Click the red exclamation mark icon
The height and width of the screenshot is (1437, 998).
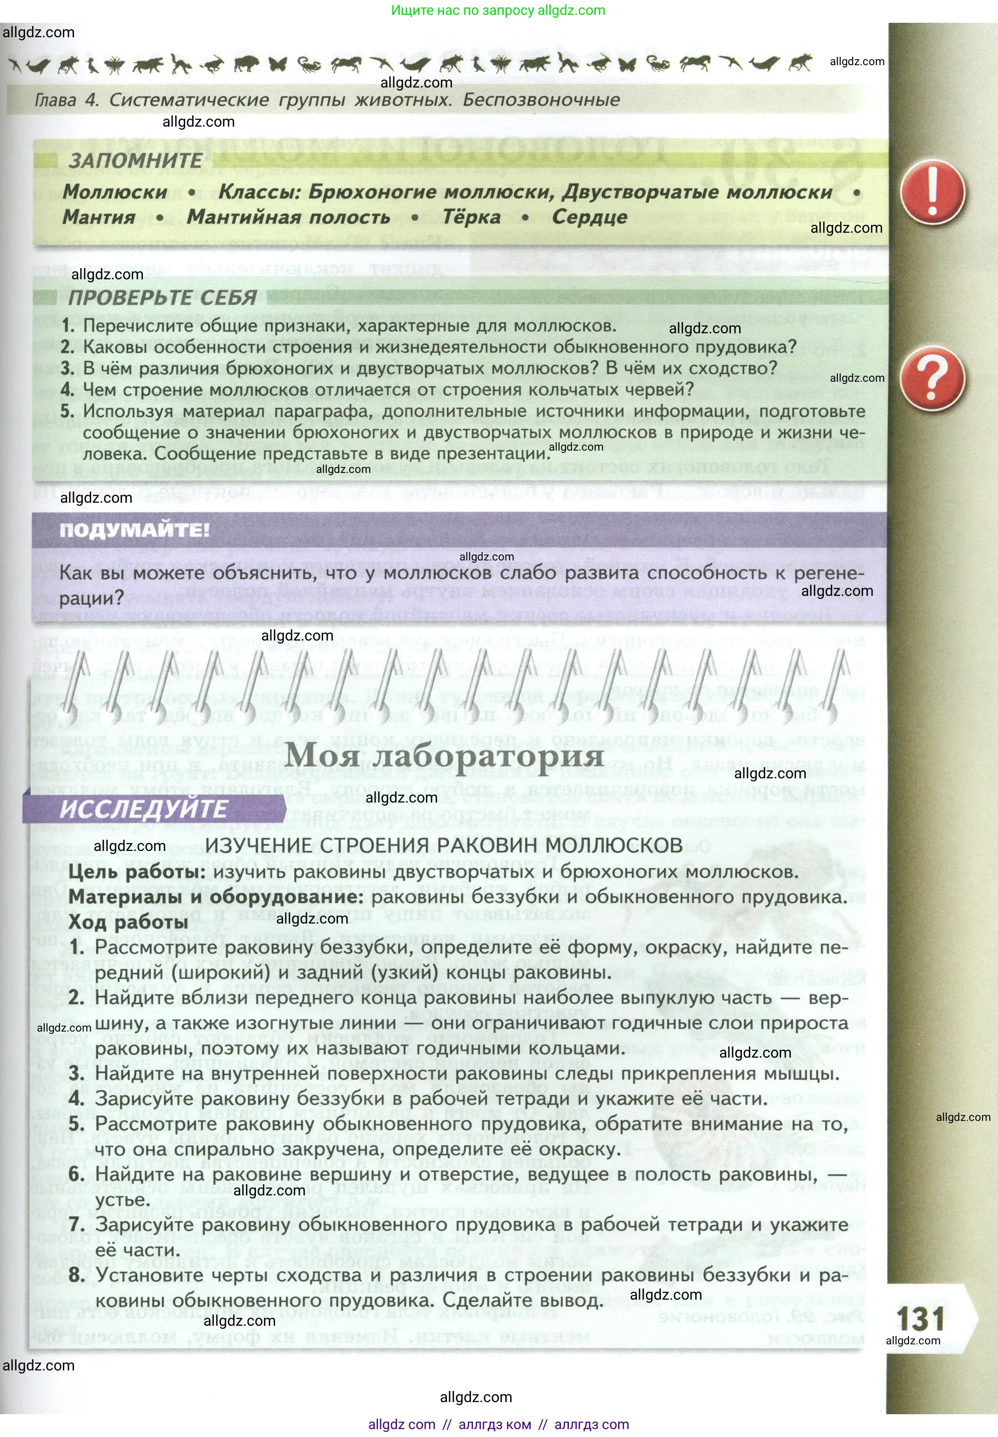point(932,192)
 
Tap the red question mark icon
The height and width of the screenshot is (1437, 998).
point(932,378)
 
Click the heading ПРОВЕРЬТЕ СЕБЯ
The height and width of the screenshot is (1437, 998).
point(162,297)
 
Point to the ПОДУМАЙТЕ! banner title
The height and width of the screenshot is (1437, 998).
point(135,530)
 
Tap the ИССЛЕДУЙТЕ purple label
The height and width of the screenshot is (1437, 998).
point(143,809)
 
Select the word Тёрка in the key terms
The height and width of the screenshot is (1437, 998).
point(472,217)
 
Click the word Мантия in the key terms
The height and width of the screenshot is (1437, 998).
point(99,217)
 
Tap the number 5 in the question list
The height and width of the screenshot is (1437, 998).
point(67,411)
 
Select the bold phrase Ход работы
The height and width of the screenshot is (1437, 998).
point(128,922)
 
